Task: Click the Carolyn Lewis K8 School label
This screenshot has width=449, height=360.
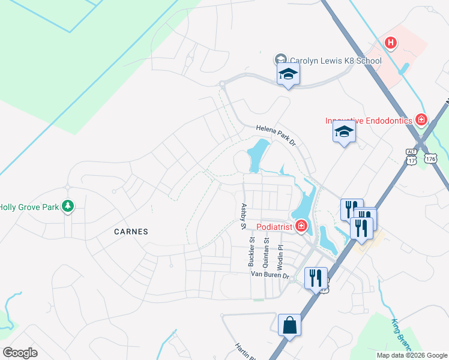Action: (336, 61)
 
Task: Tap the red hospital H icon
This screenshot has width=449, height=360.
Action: (391, 43)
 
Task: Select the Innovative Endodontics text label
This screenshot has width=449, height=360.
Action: (369, 121)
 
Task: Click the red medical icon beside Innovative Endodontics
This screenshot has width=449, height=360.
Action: (421, 120)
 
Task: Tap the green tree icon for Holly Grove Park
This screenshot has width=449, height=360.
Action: (68, 207)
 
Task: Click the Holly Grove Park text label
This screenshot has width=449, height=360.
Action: (29, 208)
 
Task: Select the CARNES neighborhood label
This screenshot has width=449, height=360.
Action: (130, 231)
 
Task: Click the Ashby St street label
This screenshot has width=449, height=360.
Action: (244, 217)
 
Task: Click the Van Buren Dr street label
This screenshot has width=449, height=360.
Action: (270, 275)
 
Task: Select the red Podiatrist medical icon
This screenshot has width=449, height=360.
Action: (301, 227)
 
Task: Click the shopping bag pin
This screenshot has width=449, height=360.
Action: (289, 325)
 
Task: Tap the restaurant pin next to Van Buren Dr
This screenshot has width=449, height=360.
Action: (316, 278)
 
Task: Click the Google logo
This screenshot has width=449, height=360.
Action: (20, 352)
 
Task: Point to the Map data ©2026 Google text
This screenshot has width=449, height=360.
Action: (412, 355)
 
